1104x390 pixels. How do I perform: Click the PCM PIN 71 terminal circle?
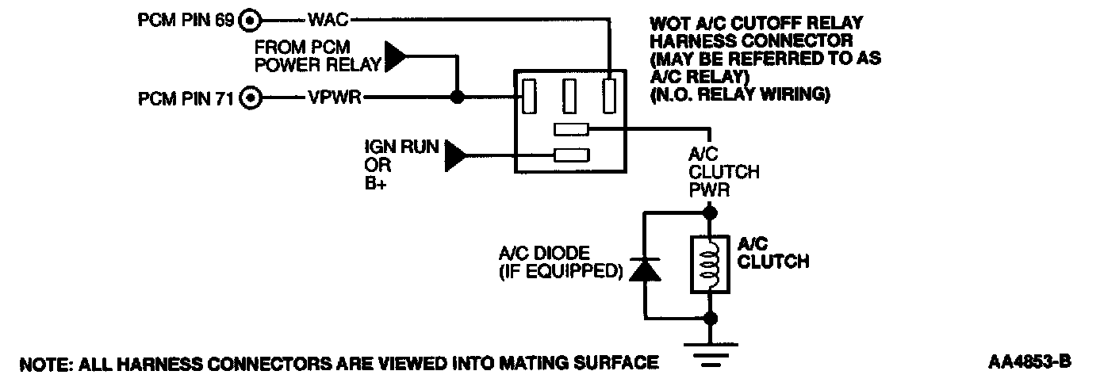click(x=251, y=99)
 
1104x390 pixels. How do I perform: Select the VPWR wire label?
click(x=336, y=99)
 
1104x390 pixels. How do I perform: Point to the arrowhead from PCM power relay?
click(x=394, y=58)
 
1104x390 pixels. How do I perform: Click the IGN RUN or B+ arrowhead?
click(x=456, y=155)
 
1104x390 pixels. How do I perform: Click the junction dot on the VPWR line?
click(x=457, y=98)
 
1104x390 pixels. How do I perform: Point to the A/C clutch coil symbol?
click(x=710, y=265)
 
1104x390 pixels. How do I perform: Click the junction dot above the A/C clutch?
click(x=710, y=212)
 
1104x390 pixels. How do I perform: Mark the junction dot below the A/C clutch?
click(x=710, y=318)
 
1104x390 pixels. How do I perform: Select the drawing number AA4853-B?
click(x=1029, y=362)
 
